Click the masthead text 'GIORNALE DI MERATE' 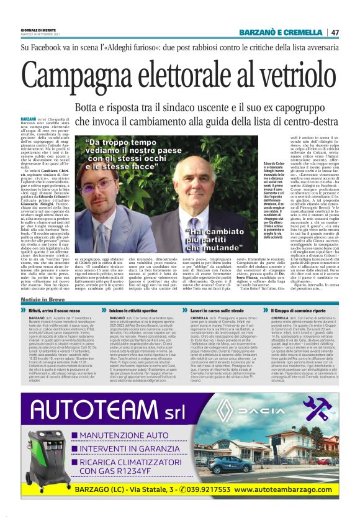pos(38,29)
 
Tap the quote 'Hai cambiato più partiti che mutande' pos(204,237)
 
